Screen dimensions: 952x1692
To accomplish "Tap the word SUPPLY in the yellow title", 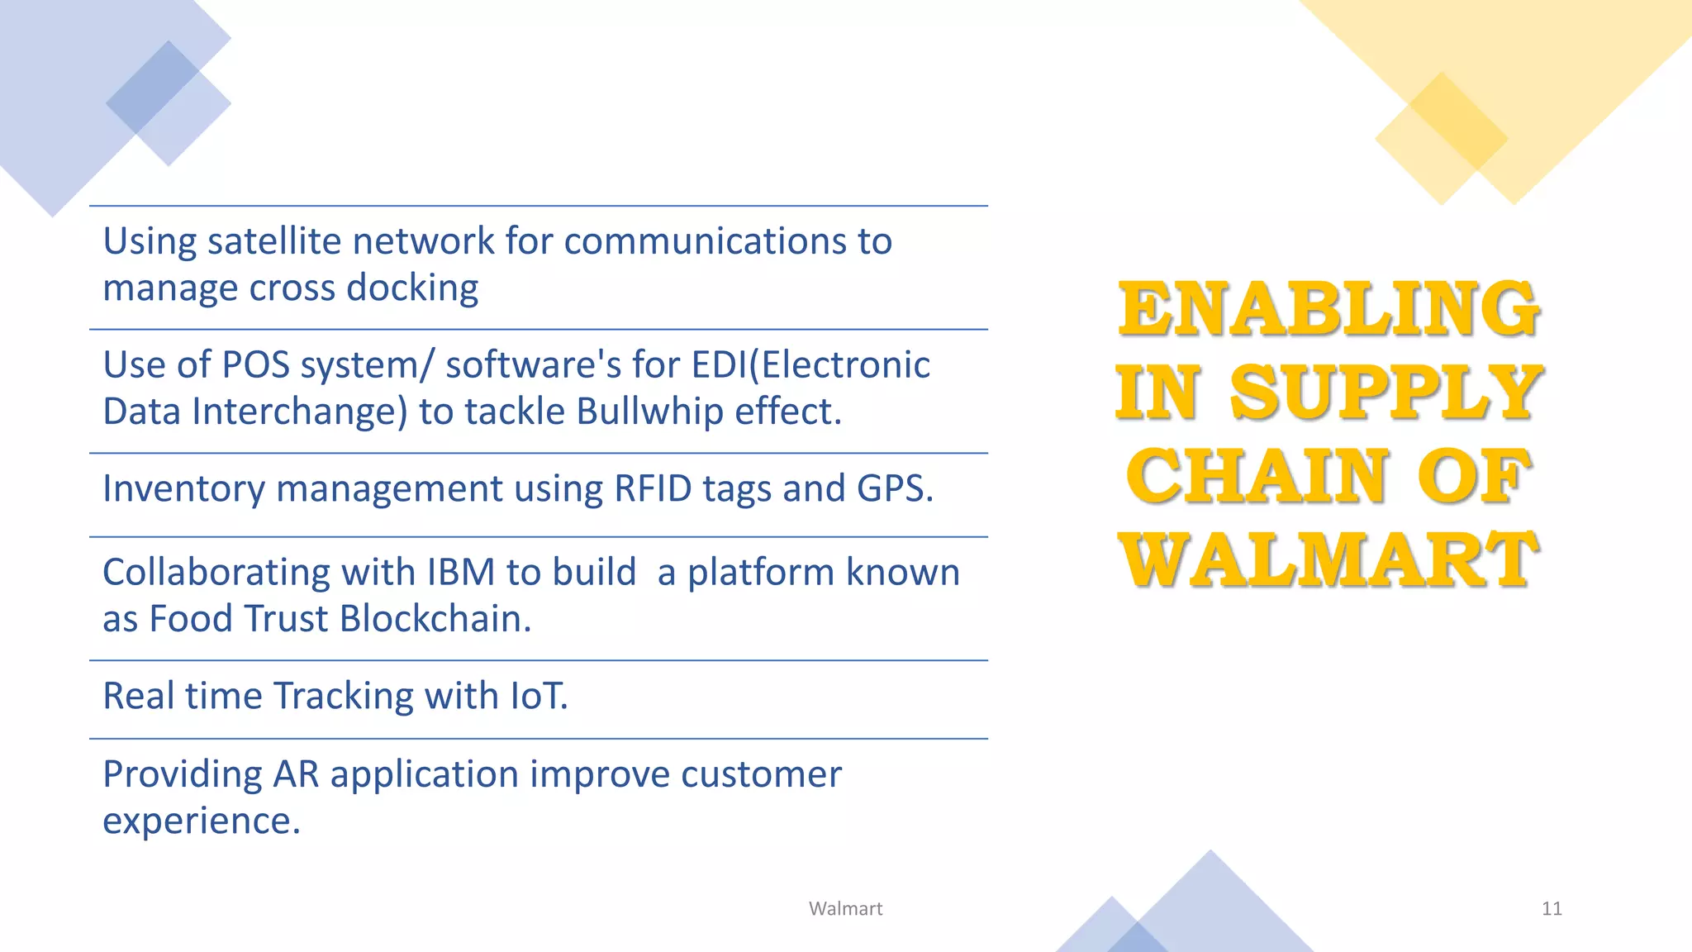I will [x=1385, y=393].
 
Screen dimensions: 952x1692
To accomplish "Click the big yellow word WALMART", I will [x=1328, y=560].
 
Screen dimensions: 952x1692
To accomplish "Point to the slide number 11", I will [x=1552, y=909].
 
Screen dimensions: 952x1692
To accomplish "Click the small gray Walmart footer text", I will [x=845, y=909].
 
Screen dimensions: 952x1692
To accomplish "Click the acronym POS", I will [x=255, y=365].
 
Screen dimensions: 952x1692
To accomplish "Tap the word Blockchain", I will [x=435, y=619].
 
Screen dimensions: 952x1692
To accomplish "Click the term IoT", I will [x=538, y=696].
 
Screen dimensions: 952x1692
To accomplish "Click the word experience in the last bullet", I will [x=201, y=821].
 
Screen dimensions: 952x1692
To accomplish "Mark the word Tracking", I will [x=343, y=696].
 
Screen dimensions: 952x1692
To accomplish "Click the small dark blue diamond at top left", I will [x=153, y=87].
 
